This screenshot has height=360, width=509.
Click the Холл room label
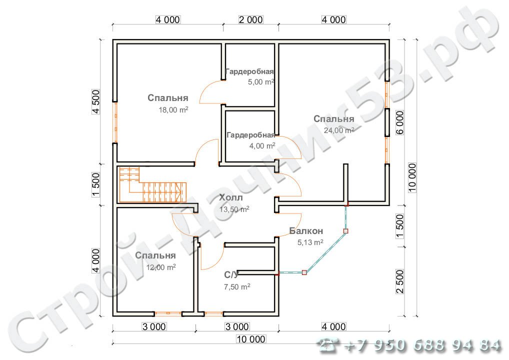(231, 197)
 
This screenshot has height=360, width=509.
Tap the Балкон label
(306, 231)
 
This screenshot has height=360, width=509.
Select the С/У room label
(231, 275)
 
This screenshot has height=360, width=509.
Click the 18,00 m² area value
(173, 109)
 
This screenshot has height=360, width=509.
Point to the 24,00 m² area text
(339, 130)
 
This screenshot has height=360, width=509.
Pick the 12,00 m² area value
(161, 267)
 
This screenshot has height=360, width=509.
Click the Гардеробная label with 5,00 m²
(249, 71)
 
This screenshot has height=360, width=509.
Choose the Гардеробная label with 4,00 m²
(251, 134)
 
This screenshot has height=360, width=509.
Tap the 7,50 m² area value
(237, 286)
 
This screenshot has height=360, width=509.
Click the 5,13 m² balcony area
(310, 242)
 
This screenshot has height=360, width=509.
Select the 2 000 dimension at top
(250, 20)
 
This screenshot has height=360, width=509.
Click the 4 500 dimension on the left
(96, 101)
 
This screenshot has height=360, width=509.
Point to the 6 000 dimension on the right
(400, 122)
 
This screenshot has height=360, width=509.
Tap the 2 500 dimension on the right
(400, 281)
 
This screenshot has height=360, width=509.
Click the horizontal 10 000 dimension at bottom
(251, 339)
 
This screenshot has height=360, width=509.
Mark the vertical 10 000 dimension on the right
(412, 177)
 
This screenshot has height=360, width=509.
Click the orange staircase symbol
(152, 184)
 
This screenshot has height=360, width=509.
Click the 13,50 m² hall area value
(234, 209)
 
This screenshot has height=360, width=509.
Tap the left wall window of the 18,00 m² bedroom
(115, 122)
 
